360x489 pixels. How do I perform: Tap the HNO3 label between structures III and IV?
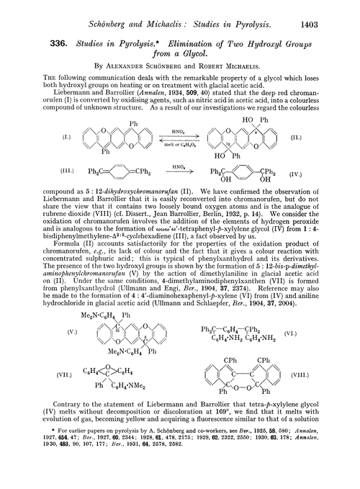[x=179, y=186]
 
